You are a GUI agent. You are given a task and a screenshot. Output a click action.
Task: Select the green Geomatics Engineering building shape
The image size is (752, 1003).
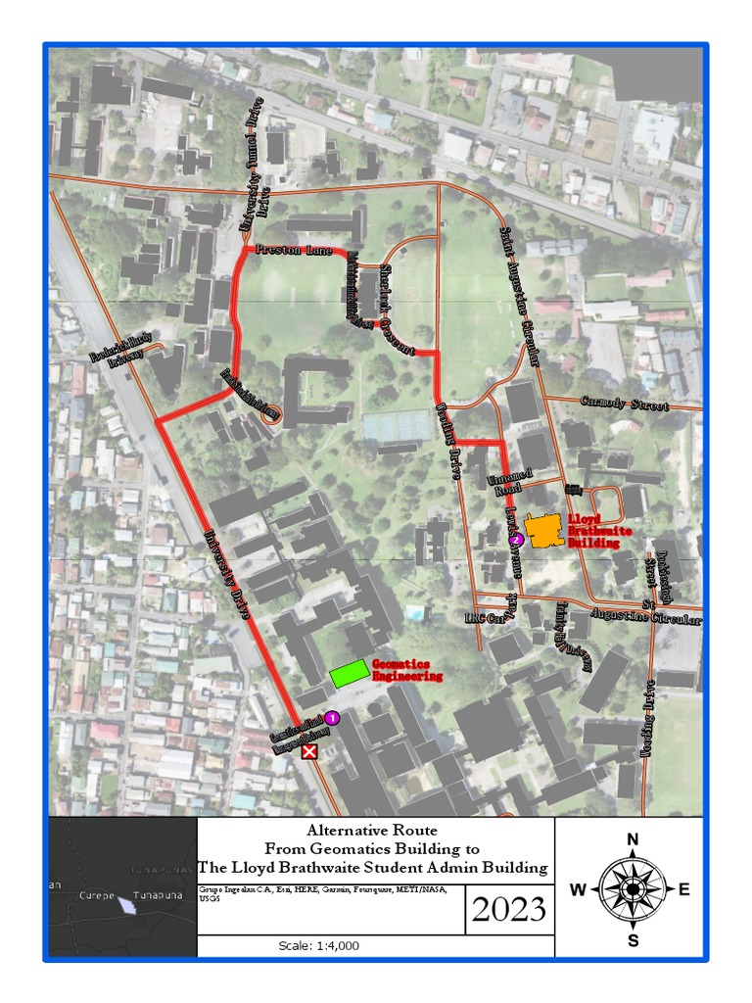point(350,673)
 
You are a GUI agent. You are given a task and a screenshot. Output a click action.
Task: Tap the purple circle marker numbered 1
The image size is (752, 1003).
point(332,718)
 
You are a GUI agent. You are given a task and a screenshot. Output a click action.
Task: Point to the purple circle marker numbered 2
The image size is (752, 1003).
point(515,539)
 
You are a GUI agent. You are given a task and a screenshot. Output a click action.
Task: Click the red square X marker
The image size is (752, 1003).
point(310,751)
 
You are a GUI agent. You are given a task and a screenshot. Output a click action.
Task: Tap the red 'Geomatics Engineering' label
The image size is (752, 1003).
point(407,670)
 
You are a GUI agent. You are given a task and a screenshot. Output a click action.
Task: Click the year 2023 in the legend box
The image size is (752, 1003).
point(508,910)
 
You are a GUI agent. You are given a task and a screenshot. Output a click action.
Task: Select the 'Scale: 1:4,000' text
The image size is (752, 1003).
point(319,946)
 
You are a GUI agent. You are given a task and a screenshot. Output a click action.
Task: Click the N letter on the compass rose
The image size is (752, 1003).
point(633,838)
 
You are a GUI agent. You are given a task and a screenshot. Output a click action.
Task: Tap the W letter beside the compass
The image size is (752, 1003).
point(579,889)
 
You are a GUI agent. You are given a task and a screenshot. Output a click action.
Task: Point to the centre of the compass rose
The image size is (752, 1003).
point(633,889)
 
